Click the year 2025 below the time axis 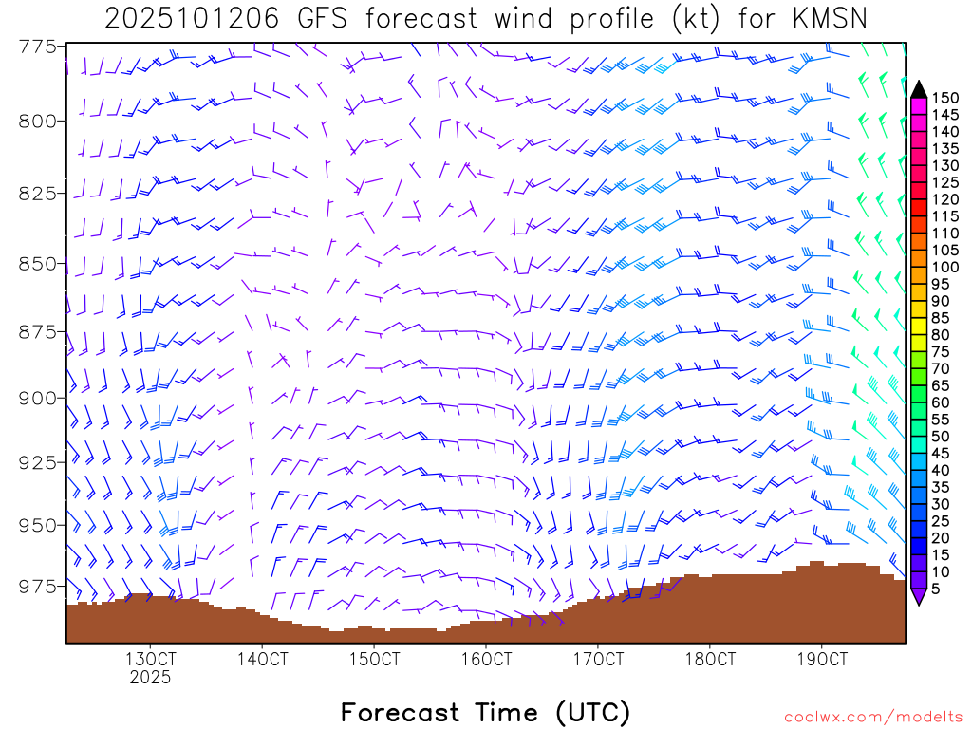click(150, 678)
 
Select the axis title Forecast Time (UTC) click(485, 712)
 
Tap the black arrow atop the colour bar click(918, 88)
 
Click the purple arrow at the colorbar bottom click(918, 596)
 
